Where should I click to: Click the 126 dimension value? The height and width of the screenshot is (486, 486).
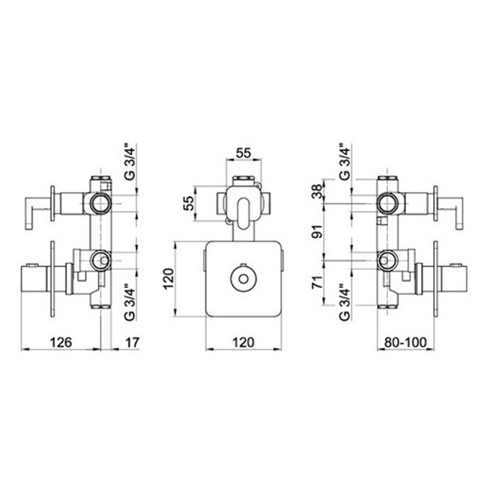point(61,343)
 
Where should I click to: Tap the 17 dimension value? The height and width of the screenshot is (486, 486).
point(132,343)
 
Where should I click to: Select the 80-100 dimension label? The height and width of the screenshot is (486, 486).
point(405,343)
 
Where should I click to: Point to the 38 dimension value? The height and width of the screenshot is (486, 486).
point(317,191)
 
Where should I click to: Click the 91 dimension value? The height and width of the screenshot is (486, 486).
point(317,231)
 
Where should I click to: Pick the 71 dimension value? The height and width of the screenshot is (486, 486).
point(317,282)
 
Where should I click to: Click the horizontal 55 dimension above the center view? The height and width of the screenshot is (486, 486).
point(244,153)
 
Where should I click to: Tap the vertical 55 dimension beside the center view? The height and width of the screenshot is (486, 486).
point(188,204)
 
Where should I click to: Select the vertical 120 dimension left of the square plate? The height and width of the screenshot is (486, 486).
point(169,279)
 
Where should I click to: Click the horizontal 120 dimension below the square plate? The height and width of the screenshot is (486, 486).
point(244,343)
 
